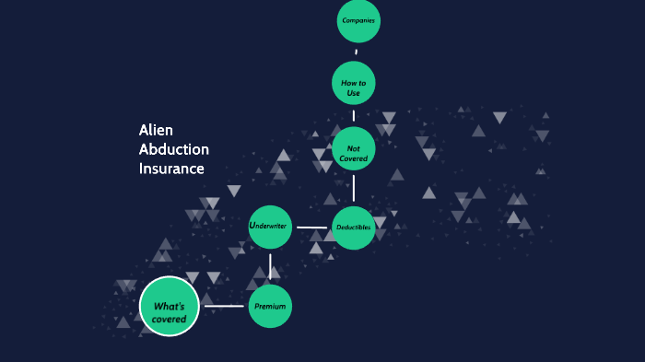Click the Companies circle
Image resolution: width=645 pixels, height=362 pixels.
[x=358, y=20]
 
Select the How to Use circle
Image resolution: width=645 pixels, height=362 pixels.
[x=354, y=84]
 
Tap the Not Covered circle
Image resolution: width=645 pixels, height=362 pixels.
[x=354, y=149]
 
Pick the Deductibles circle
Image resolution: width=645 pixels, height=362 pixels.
[x=354, y=228]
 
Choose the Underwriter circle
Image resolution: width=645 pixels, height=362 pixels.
[x=271, y=227]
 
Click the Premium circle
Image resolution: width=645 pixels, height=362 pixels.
[x=270, y=306]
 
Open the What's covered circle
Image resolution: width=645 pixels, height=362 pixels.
[x=170, y=306]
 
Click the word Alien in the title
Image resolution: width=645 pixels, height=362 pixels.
[x=156, y=130]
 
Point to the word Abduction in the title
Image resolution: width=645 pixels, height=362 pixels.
[x=174, y=149]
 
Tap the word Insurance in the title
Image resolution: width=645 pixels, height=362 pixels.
[x=171, y=169]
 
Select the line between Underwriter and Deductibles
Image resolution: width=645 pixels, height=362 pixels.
[x=312, y=228]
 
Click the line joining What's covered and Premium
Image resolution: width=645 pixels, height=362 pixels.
[x=224, y=306]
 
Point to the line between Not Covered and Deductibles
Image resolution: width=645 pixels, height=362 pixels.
[x=354, y=188]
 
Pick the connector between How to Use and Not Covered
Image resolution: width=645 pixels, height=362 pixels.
[x=354, y=116]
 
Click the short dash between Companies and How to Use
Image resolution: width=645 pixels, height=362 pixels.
[x=357, y=52]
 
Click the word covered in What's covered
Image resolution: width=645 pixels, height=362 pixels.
[x=170, y=319]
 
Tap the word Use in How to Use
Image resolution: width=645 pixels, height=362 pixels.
[x=354, y=94]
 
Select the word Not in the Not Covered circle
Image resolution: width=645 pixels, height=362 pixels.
[x=353, y=147]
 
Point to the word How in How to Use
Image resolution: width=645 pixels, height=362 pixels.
[x=347, y=83]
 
